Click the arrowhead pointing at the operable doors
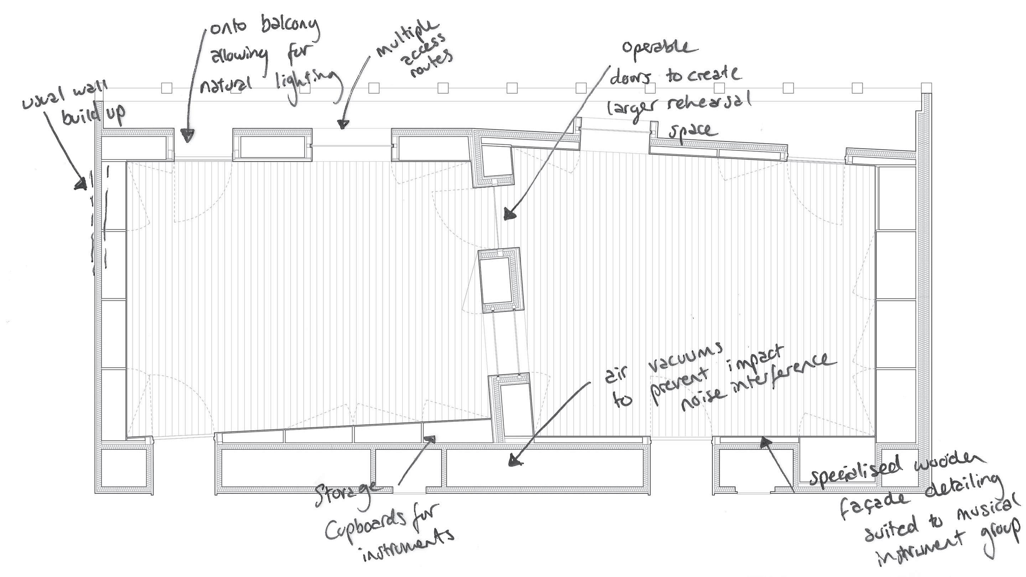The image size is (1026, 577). [509, 215]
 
